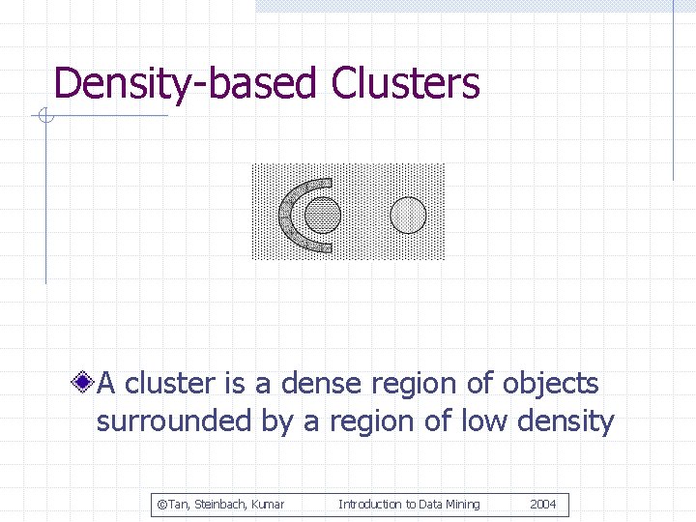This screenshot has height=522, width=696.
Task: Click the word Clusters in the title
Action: click(405, 84)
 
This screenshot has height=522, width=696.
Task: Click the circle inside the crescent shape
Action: click(323, 215)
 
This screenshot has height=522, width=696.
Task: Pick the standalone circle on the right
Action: click(408, 215)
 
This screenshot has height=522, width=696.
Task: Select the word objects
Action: click(550, 384)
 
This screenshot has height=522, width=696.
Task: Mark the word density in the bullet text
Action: click(566, 422)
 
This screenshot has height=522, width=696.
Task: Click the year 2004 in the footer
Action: click(543, 505)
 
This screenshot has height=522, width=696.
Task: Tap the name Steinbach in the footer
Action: click(220, 505)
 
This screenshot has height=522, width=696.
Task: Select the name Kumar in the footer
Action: click(268, 505)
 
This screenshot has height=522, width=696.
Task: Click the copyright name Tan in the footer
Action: click(178, 505)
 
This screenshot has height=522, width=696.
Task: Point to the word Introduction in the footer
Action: click(370, 505)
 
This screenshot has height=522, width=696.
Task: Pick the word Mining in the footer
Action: click(460, 505)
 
